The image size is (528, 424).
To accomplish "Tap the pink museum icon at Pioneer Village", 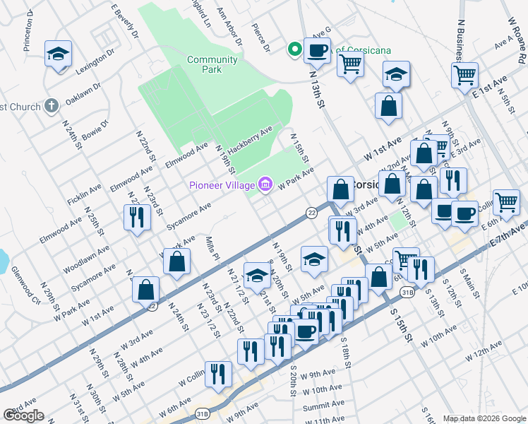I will point(265,185).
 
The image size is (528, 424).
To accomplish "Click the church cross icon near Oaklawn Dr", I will point(50,106).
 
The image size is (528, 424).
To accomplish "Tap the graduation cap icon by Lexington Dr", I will point(58,53).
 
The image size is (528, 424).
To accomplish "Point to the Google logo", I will point(23,416).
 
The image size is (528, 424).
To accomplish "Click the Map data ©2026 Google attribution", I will point(484,418).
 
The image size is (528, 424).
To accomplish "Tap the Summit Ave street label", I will point(323,406).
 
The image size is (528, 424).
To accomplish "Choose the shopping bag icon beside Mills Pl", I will point(176,261).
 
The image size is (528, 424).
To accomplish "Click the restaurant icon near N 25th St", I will point(136,217).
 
